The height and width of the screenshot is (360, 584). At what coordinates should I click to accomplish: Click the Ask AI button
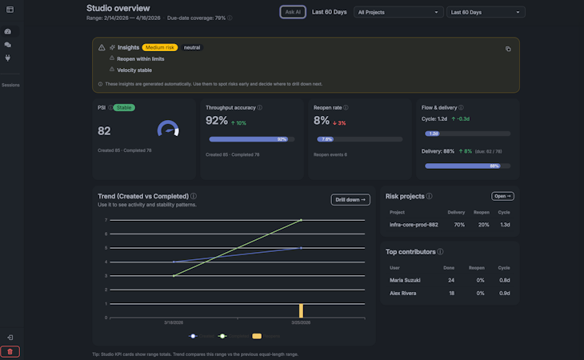[293, 12]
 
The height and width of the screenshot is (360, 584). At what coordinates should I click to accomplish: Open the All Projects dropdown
[398, 12]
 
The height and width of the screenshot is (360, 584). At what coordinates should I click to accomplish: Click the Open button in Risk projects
[502, 196]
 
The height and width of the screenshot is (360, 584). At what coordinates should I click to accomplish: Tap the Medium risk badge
[160, 47]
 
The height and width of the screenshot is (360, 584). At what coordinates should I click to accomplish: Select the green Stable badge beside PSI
[122, 106]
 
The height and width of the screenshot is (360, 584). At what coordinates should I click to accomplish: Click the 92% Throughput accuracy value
[217, 121]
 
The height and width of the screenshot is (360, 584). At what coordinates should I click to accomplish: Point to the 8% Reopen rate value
[321, 121]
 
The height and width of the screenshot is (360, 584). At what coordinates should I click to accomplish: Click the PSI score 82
[104, 130]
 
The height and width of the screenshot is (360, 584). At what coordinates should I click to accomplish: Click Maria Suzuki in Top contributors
[406, 280]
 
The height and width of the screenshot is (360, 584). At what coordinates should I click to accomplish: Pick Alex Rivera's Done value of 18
[450, 293]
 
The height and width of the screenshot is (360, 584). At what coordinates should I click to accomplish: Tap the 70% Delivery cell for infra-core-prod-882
[458, 225]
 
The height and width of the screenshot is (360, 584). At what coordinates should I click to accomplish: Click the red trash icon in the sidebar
[10, 351]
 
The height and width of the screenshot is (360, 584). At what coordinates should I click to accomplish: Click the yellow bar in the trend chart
[301, 310]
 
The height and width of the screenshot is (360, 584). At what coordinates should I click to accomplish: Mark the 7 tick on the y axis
[106, 220]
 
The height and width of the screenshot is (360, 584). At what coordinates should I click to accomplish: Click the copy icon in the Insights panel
[507, 49]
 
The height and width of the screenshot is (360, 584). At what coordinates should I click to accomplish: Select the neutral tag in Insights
[192, 47]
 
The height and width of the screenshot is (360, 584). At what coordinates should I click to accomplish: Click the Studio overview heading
[118, 8]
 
